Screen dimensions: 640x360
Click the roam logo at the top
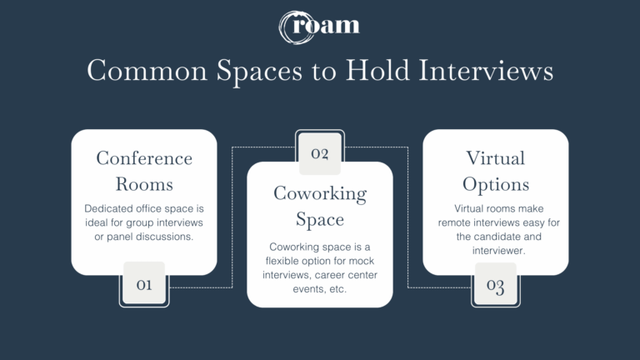click(x=320, y=25)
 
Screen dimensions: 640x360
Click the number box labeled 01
click(x=144, y=285)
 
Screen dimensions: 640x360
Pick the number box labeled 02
click(x=320, y=153)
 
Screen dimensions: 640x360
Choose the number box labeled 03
click(x=496, y=286)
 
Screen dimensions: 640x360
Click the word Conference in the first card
click(x=144, y=158)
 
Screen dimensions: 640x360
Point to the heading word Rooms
click(x=144, y=183)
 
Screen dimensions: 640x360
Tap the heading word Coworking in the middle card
click(x=320, y=193)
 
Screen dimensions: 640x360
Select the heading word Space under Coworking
click(x=320, y=219)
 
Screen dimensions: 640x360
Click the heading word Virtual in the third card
click(x=496, y=158)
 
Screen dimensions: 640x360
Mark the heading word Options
click(x=496, y=183)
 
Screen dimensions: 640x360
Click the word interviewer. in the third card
click(x=496, y=250)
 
